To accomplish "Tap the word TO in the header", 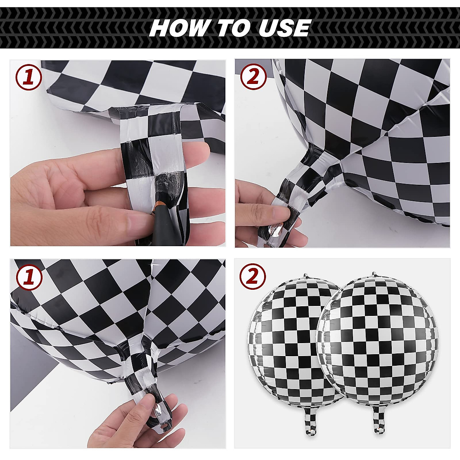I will (230, 28).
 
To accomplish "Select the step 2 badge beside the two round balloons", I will (253, 277).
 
